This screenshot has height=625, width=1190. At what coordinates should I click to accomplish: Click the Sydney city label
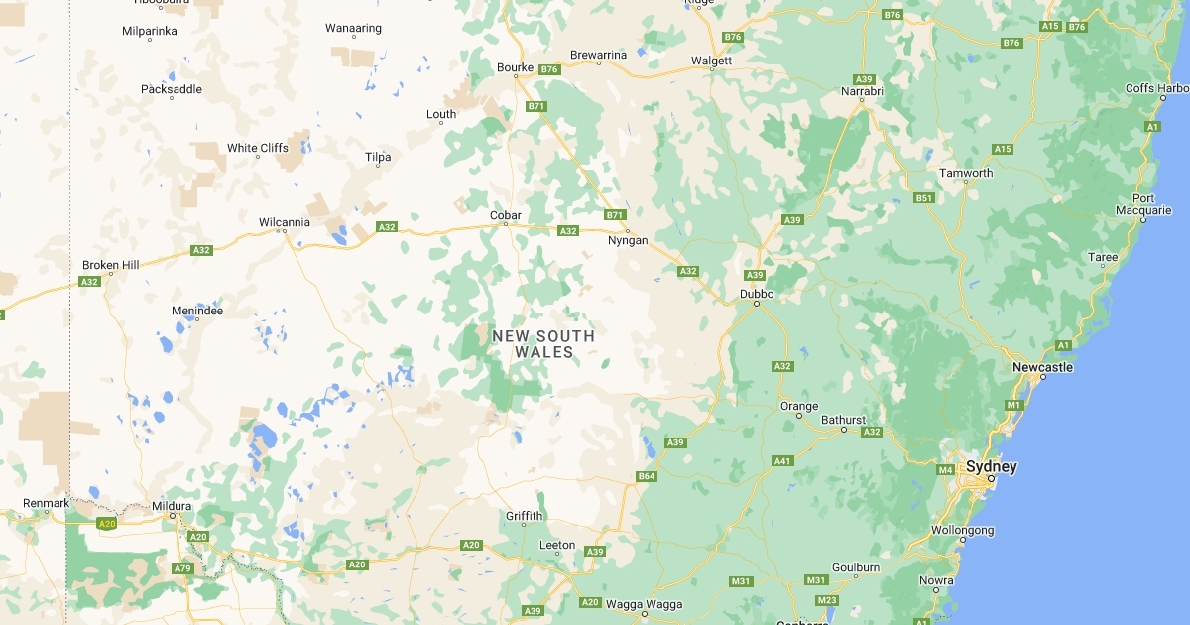pyautogui.click(x=991, y=466)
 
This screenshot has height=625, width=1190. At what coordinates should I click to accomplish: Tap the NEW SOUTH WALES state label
pyautogui.click(x=543, y=343)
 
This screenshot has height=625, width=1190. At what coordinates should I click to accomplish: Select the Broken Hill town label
pyautogui.click(x=110, y=265)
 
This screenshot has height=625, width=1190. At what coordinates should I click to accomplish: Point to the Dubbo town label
pyautogui.click(x=756, y=294)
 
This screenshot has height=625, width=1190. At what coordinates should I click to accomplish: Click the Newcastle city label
pyautogui.click(x=1042, y=367)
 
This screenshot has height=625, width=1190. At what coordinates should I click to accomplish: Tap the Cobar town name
pyautogui.click(x=505, y=215)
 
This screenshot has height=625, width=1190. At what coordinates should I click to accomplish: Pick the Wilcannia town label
pyautogui.click(x=284, y=222)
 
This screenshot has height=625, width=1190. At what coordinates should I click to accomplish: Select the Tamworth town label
pyautogui.click(x=966, y=173)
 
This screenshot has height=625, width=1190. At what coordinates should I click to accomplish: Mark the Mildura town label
pyautogui.click(x=171, y=506)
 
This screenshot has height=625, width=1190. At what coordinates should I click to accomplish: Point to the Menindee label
pyautogui.click(x=196, y=311)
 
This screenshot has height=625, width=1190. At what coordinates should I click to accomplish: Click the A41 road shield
pyautogui.click(x=782, y=460)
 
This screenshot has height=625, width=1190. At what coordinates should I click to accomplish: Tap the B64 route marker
pyautogui.click(x=647, y=477)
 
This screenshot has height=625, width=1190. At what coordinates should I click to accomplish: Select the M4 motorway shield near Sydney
pyautogui.click(x=945, y=469)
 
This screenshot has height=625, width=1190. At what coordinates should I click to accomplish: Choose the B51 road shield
pyautogui.click(x=924, y=198)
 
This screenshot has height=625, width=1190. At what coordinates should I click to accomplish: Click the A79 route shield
pyautogui.click(x=181, y=568)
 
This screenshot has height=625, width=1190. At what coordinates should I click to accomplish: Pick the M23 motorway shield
pyautogui.click(x=826, y=600)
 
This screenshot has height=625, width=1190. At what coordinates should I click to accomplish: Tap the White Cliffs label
pyautogui.click(x=257, y=148)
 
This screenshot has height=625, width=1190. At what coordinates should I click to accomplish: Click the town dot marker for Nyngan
pyautogui.click(x=627, y=230)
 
